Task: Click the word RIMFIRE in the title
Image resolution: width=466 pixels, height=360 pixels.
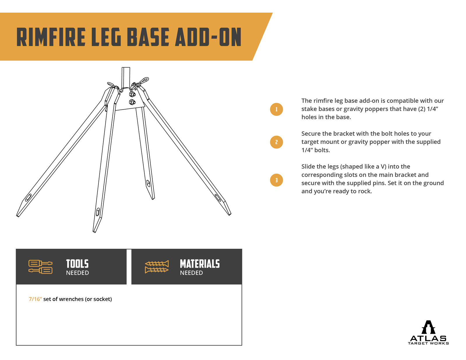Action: tap(51, 37)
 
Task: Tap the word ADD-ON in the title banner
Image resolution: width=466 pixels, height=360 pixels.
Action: tap(208, 37)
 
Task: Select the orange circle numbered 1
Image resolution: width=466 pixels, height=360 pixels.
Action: tap(276, 110)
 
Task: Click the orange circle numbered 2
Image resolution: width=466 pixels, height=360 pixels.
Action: tap(276, 142)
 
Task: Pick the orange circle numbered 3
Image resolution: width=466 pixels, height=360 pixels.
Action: tap(276, 180)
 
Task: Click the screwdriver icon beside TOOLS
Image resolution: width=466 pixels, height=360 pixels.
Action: tap(40, 267)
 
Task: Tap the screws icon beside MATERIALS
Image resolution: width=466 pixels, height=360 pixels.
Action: tap(157, 267)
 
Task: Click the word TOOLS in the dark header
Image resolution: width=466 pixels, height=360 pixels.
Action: tap(77, 264)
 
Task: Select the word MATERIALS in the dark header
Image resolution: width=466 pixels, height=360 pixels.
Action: tap(200, 264)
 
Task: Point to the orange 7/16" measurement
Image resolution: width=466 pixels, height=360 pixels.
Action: tap(35, 299)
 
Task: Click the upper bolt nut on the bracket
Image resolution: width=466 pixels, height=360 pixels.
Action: tap(132, 94)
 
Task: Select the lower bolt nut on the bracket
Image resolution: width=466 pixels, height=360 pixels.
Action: tap(132, 102)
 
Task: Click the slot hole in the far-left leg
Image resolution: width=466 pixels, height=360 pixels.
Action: tap(28, 197)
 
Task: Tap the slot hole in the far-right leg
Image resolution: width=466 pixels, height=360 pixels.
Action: tap(218, 198)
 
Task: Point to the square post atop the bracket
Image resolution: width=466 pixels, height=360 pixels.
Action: tap(126, 77)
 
